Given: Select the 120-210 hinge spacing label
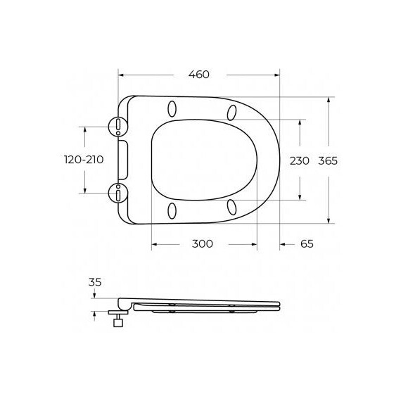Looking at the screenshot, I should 84,160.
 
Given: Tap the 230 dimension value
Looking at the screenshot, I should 300,160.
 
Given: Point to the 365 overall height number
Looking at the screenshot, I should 328,160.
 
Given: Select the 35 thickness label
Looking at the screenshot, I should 96,282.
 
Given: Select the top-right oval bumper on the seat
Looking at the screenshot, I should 231,111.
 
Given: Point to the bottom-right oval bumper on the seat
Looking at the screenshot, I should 231,206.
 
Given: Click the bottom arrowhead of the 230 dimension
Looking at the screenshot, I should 300,197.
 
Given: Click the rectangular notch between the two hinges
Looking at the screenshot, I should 124,159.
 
